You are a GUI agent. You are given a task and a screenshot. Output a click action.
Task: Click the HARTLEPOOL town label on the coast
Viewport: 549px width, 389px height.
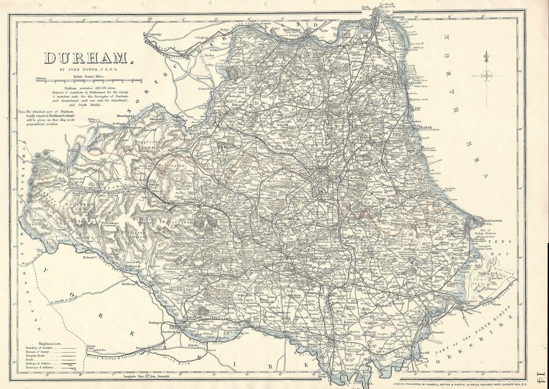pos(489,220)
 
